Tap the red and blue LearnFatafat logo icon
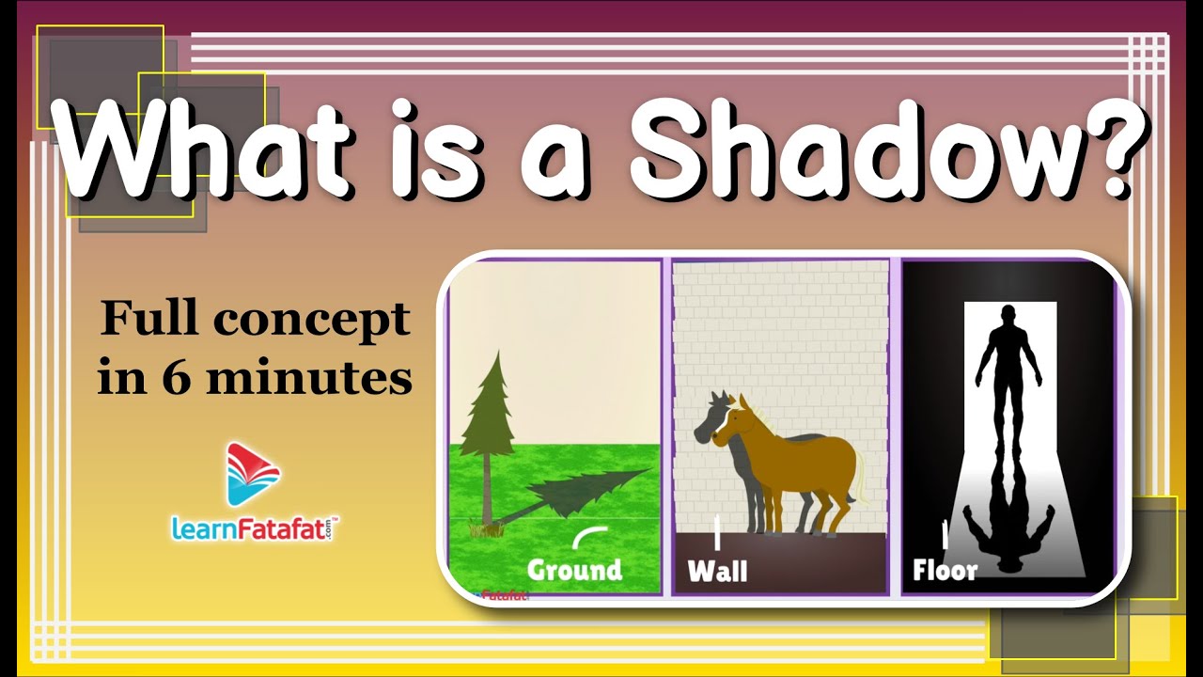254,474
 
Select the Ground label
574,570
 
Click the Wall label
717,571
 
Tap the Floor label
945,570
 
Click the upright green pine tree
489,414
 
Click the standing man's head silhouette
1008,317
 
